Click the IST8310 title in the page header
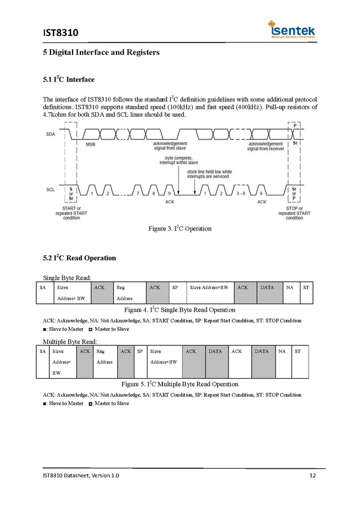click(x=61, y=32)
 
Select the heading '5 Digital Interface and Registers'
click(x=101, y=53)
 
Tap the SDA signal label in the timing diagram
click(x=50, y=134)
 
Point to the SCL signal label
click(x=50, y=190)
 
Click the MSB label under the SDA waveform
click(x=91, y=145)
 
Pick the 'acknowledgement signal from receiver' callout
click(x=265, y=146)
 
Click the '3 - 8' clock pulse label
click(x=240, y=194)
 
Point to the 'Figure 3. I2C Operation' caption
click(x=180, y=228)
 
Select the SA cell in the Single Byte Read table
click(x=43, y=287)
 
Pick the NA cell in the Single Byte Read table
click(x=289, y=287)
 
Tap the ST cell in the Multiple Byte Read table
click(x=297, y=351)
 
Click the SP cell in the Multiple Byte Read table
click(x=140, y=351)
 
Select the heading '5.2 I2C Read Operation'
click(x=79, y=258)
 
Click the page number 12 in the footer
click(x=312, y=475)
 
